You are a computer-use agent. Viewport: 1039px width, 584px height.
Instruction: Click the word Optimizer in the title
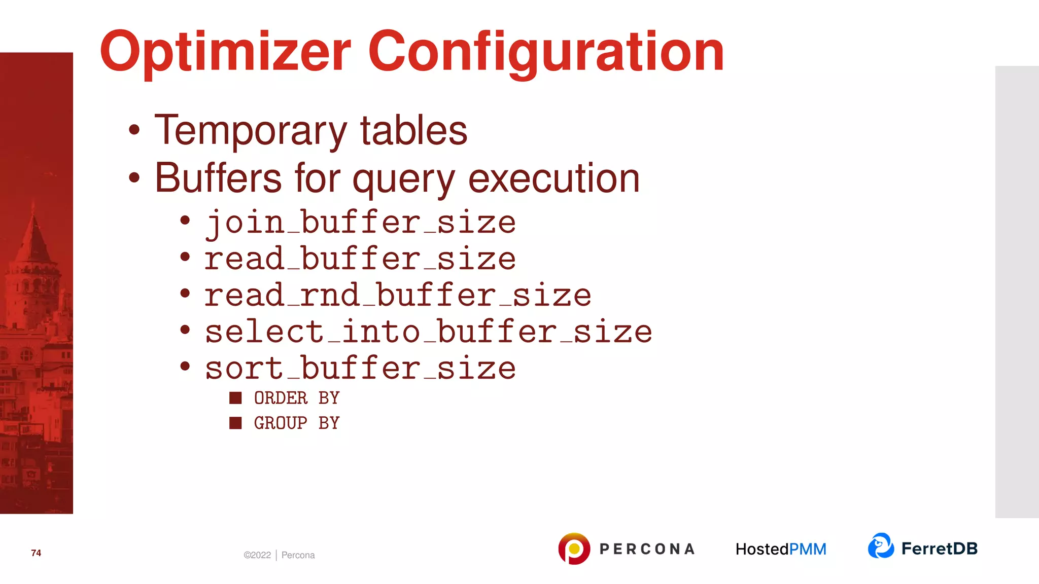[x=225, y=52]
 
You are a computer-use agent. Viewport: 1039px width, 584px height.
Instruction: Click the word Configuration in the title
[x=546, y=52]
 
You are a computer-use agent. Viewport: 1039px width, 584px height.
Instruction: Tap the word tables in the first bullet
[x=413, y=131]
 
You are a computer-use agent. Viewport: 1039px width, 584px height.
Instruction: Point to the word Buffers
[x=218, y=178]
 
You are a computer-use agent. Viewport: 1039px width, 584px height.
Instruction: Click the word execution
[x=553, y=178]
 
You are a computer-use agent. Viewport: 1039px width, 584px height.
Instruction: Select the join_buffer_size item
[x=360, y=223]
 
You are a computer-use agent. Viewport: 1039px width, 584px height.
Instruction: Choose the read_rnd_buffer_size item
[x=398, y=296]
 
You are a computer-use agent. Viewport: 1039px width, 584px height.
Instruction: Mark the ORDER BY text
[x=297, y=398]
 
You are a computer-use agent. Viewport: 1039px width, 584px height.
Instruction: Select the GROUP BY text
[x=297, y=423]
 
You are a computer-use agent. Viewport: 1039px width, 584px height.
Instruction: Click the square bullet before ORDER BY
[x=235, y=398]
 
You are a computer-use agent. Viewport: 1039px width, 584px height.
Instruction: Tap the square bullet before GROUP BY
[x=235, y=423]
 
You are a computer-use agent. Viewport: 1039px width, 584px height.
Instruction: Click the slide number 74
[x=36, y=553]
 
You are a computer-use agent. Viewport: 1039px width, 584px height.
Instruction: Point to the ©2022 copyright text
[x=257, y=555]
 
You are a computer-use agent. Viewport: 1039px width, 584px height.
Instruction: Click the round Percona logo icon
[x=574, y=549]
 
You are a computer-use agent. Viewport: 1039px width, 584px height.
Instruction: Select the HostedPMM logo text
[x=781, y=549]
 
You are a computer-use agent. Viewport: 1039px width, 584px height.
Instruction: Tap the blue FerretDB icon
[x=881, y=546]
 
